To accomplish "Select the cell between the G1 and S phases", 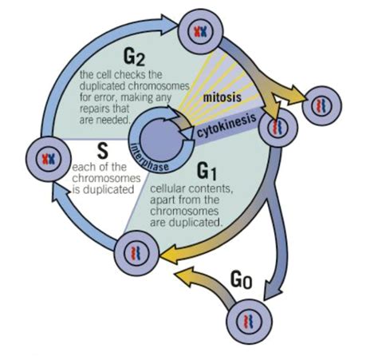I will pos(132,252).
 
